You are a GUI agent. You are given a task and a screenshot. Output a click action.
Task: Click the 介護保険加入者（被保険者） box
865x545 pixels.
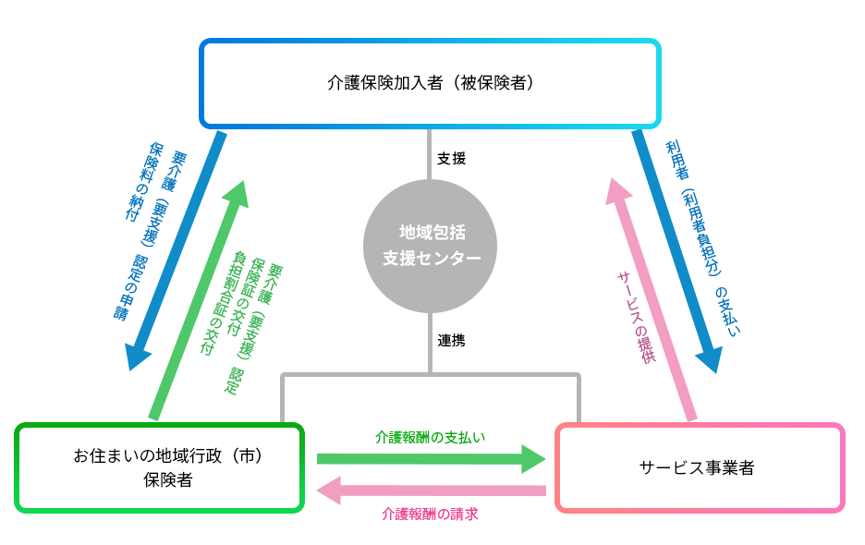tap(430, 83)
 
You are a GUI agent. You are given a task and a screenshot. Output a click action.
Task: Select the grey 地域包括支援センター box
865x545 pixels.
tap(430, 245)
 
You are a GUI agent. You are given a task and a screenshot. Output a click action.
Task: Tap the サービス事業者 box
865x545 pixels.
tap(700, 467)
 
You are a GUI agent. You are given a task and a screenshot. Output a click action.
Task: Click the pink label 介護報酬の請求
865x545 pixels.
tap(431, 515)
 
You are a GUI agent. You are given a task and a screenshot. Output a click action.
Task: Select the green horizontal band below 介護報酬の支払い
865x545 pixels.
tap(431, 459)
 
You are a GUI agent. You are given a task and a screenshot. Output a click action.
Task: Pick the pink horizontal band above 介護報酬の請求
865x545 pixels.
tap(431, 490)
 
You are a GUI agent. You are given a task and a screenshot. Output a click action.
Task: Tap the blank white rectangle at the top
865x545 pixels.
tap(574, 18)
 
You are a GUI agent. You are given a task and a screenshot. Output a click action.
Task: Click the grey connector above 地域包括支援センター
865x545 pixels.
tap(430, 153)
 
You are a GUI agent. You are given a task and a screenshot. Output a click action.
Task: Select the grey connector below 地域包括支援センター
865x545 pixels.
tap(430, 342)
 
